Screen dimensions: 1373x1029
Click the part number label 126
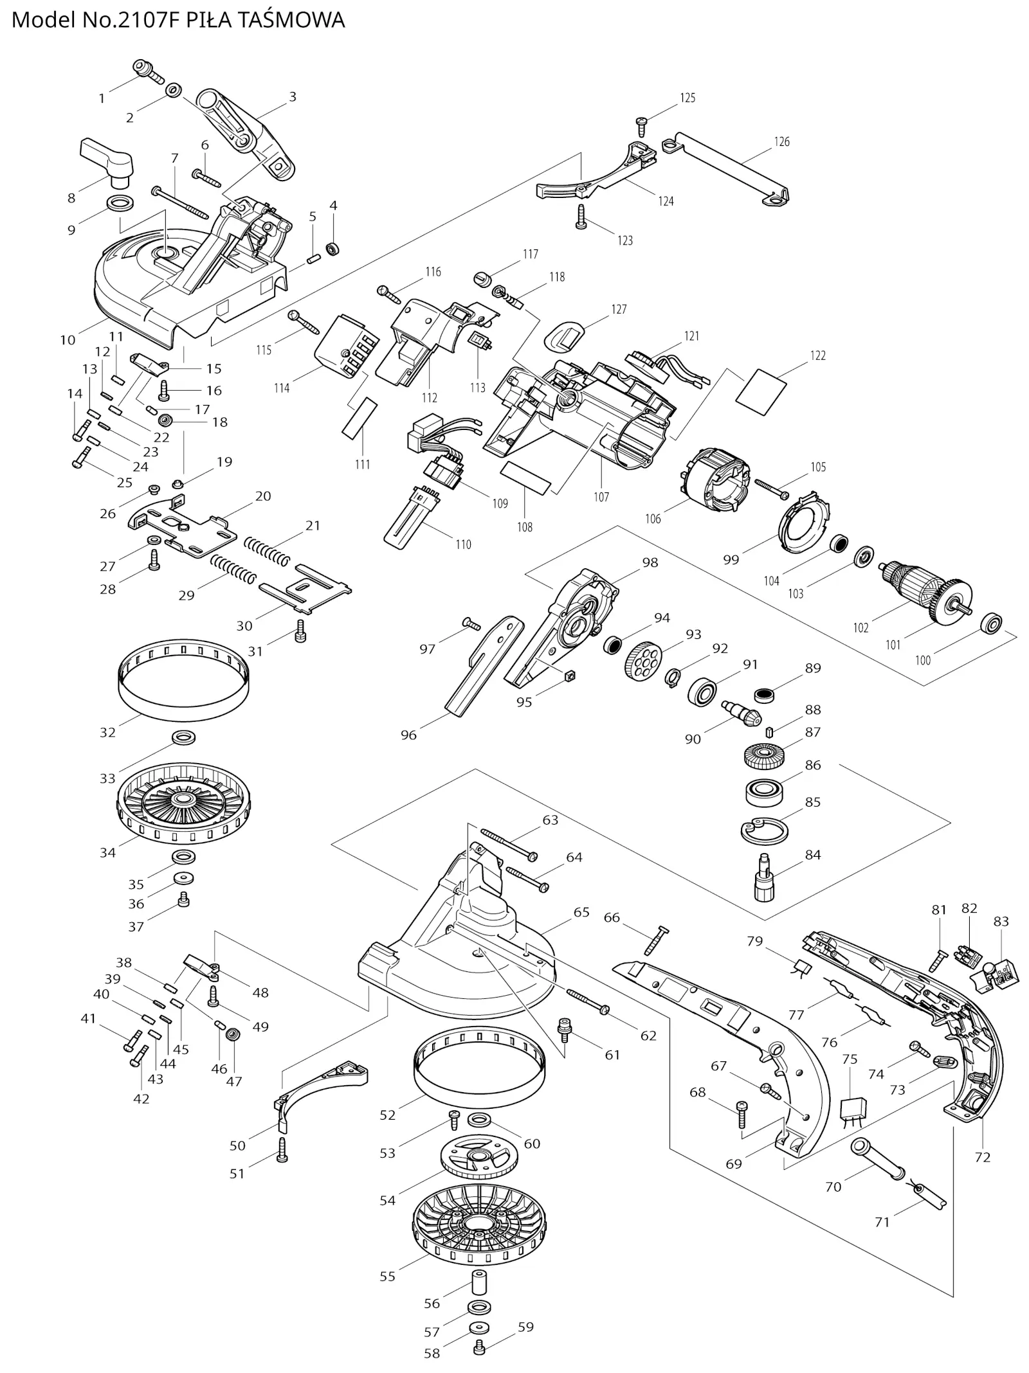point(781,141)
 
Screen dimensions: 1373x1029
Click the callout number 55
point(387,1276)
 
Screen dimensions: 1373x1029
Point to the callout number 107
point(601,496)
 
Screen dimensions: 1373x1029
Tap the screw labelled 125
point(642,125)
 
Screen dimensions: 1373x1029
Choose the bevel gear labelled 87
point(762,755)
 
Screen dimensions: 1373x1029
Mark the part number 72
point(982,1157)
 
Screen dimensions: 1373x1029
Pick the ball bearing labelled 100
point(992,624)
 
